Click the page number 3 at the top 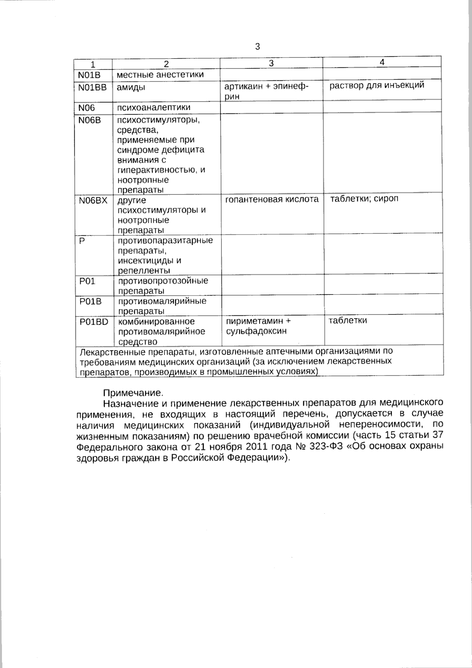point(257,47)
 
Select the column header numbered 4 point(382,62)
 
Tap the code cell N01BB point(92,87)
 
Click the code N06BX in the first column point(93,200)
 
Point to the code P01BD point(94,322)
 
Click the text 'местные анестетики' point(160,74)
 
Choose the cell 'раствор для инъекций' point(377,85)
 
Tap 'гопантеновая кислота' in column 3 point(272,200)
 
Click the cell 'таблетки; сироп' point(364,198)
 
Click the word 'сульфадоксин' point(256,331)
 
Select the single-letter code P point(82,241)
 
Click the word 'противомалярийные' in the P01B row point(162,301)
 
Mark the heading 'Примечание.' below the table point(133,393)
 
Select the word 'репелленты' point(144,271)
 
